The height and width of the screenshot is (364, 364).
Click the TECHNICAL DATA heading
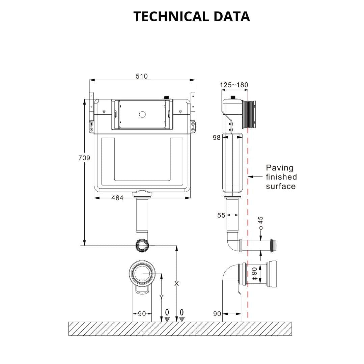tap(192, 17)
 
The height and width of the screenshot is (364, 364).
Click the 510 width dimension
tap(142, 76)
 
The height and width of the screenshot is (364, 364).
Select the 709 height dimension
tap(84, 158)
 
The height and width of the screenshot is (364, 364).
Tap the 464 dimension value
tap(117, 198)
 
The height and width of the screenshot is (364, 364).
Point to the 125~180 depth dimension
tap(234, 85)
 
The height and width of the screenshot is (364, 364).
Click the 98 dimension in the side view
tap(216, 137)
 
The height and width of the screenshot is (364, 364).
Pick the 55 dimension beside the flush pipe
tap(221, 215)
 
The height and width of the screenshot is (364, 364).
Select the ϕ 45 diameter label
tap(260, 224)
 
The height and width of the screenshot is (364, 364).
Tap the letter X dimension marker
tap(176, 284)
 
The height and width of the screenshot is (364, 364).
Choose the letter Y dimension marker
tap(161, 297)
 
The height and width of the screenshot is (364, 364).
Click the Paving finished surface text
tap(281, 177)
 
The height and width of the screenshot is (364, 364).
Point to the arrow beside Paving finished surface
tap(255, 176)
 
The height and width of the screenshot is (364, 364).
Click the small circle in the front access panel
tap(142, 114)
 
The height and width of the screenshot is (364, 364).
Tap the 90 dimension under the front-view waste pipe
tap(142, 314)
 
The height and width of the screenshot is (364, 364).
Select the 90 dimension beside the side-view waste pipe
tap(217, 314)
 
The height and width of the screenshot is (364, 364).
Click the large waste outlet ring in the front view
tap(142, 272)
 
